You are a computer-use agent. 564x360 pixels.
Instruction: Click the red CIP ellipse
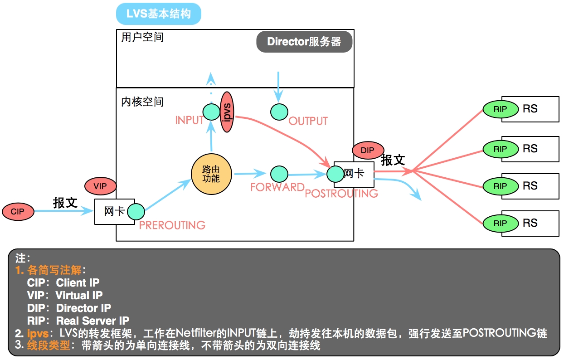pos(18,212)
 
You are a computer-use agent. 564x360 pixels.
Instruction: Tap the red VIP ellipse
pos(101,186)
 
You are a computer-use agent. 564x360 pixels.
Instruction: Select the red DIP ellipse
pos(368,150)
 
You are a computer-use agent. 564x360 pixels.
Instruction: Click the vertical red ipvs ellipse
pos(227,112)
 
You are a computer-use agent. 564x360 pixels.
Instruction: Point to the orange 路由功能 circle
pos(211,174)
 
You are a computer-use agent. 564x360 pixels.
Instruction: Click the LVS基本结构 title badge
pos(159,14)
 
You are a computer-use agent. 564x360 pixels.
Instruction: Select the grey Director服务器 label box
pos(304,42)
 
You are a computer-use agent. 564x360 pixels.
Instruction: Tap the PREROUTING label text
pos(172,225)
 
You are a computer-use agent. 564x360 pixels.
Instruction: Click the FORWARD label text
pos(277,187)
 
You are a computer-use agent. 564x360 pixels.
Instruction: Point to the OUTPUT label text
pos(308,121)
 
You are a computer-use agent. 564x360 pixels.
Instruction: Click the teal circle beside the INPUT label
pos(211,112)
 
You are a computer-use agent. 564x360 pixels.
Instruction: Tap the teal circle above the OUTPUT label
pos(279,112)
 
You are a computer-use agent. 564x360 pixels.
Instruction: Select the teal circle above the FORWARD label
pos(279,174)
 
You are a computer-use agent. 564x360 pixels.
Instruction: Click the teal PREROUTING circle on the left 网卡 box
pos(136,212)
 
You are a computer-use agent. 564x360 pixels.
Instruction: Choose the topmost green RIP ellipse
pos(501,109)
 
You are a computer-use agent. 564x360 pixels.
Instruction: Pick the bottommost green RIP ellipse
pos(501,224)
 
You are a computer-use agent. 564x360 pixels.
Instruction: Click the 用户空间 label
pos(142,37)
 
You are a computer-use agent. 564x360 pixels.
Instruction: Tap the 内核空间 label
pos(142,102)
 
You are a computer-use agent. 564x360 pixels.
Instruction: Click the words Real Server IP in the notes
pos(92,321)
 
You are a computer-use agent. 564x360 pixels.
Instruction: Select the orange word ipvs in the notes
pos(38,334)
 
